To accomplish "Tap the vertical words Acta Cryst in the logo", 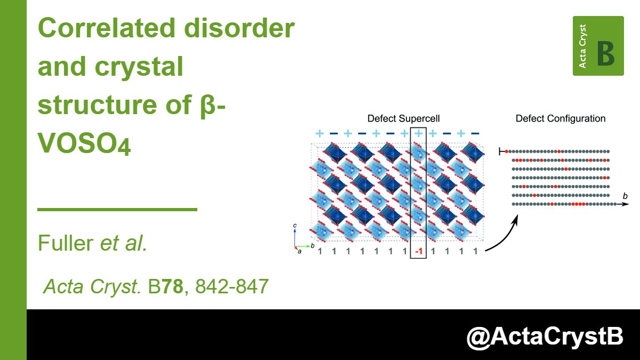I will pos(582,46).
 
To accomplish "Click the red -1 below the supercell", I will pos(418,251).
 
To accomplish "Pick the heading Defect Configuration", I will pos(561,118).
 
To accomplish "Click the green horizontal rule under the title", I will pos(117,210).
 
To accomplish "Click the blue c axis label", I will pos(295,226).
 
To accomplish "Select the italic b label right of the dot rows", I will pos(625,197).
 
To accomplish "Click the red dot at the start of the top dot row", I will pos(507,152).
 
